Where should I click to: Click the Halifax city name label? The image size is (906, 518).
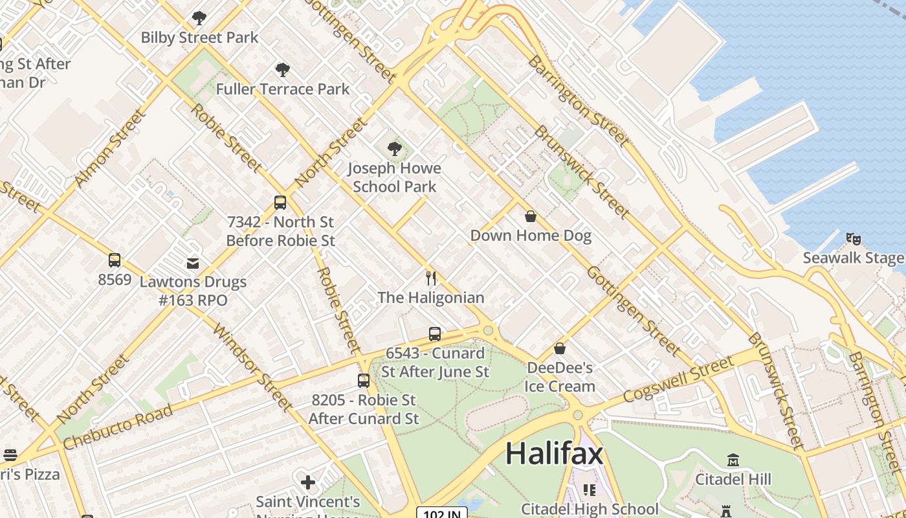click(x=554, y=453)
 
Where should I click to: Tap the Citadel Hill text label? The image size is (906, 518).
click(x=733, y=479)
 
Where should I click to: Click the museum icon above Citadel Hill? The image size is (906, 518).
click(x=733, y=460)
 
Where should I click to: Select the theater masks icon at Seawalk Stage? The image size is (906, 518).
click(x=853, y=239)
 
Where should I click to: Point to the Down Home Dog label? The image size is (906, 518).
click(x=531, y=235)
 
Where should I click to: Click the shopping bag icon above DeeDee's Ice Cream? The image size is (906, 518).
click(x=560, y=349)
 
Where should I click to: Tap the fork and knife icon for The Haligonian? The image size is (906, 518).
click(x=431, y=278)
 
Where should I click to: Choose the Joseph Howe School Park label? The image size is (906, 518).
click(x=394, y=177)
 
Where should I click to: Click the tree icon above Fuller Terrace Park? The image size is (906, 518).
click(x=282, y=70)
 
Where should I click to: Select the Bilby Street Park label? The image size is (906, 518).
click(x=199, y=38)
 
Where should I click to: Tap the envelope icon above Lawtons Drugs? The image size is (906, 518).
click(x=193, y=263)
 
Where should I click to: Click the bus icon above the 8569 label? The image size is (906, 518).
click(x=115, y=260)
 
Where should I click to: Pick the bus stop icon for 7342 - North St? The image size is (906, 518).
click(x=280, y=203)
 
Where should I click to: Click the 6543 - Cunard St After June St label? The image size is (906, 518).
click(x=435, y=363)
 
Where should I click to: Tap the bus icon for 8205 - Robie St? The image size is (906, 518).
click(x=364, y=381)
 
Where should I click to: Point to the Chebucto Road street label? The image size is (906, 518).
click(x=118, y=427)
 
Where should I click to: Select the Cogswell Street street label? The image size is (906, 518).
click(x=679, y=379)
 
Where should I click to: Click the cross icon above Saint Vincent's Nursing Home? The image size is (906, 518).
click(x=308, y=482)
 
